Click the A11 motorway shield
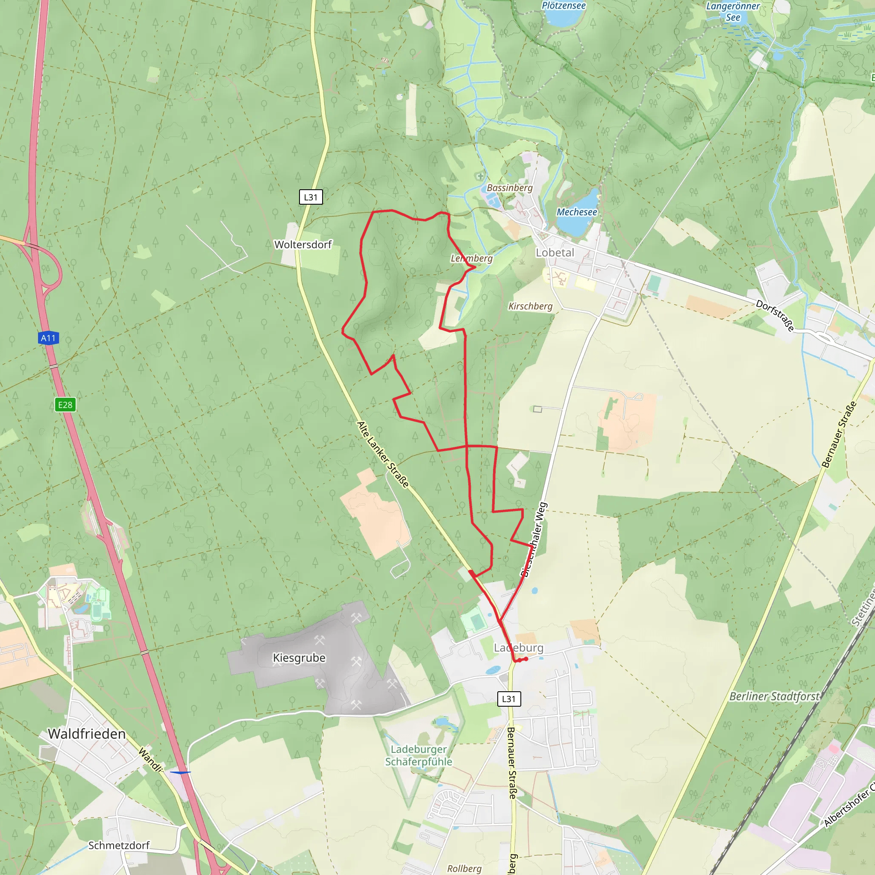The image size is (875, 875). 48,338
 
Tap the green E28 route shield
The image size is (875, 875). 65,405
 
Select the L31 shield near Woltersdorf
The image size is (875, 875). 311,197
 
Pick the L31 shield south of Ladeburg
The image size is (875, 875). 508,699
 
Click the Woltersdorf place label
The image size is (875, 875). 303,244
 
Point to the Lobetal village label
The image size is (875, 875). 555,253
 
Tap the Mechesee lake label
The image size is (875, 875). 576,212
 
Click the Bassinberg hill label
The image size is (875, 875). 510,188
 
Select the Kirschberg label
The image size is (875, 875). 530,306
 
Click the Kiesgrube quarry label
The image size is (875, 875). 299,658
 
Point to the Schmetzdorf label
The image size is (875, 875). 119,845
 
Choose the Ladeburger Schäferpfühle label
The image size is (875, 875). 418,755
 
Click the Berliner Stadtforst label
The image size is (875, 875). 774,696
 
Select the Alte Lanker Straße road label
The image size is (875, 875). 383,454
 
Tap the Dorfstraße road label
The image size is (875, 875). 775,316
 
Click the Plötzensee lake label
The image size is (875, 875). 564,6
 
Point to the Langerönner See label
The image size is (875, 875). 733,12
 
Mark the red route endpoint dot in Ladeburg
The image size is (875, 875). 526,659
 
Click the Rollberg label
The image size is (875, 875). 464,868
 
